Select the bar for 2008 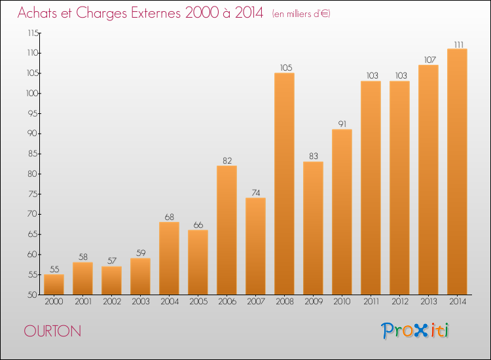(284, 184)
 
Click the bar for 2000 (54, 285)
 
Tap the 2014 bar (457, 171)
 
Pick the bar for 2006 (227, 230)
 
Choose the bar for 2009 (313, 228)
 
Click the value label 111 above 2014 (459, 45)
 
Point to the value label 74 (256, 193)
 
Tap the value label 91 (342, 124)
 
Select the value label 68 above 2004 (170, 217)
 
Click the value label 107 (430, 60)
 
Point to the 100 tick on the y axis (33, 94)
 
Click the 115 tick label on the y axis (33, 33)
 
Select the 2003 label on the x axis (141, 302)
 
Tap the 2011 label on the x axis (371, 302)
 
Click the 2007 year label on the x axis (256, 302)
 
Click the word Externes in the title (156, 13)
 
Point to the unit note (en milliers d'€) (301, 14)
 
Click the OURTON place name (52, 331)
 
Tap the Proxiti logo (415, 331)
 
